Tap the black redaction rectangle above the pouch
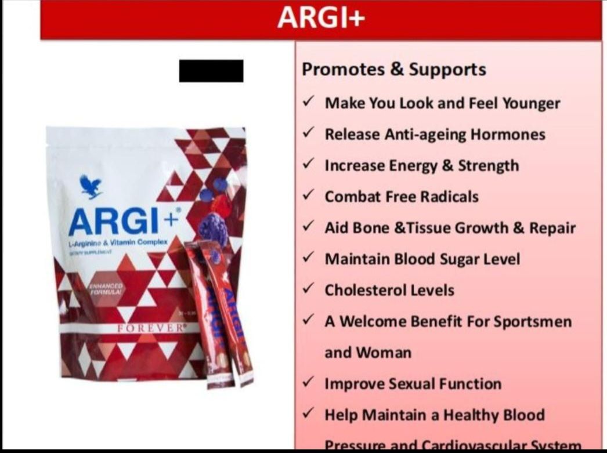tap(211, 71)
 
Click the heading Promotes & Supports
tap(394, 70)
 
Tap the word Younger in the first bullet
tap(531, 103)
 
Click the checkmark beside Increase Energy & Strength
tap(309, 165)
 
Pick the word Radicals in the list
tap(450, 197)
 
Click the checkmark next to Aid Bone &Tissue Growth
tap(309, 227)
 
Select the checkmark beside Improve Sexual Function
tap(309, 383)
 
